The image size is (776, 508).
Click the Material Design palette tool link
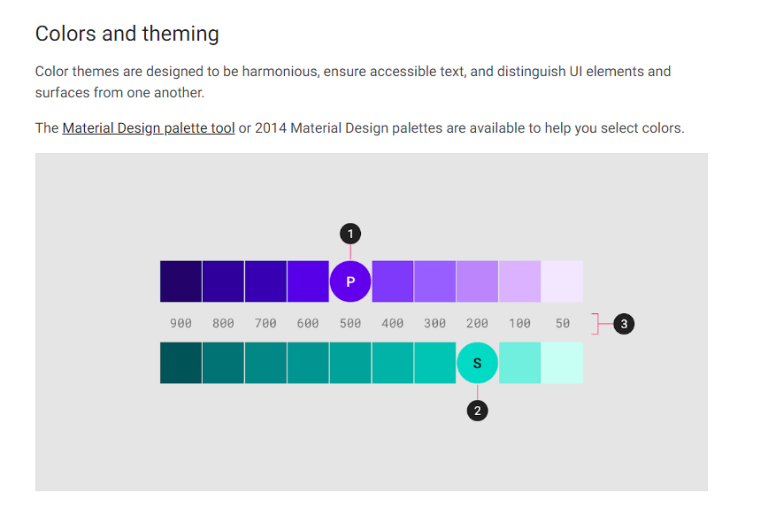[x=149, y=128]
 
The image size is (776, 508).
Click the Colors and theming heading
[x=127, y=35]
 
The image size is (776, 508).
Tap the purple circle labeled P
[x=350, y=281]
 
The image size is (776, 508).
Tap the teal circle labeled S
[x=478, y=363]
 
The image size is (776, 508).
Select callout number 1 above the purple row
[x=350, y=234]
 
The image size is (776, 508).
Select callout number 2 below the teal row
[x=478, y=411]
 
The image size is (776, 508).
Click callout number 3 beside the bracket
[x=624, y=324]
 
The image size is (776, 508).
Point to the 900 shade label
[x=181, y=324]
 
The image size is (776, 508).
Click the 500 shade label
[x=350, y=324]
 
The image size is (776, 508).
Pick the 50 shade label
[x=563, y=324]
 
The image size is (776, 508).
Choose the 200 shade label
[x=478, y=324]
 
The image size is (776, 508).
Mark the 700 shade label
[x=265, y=324]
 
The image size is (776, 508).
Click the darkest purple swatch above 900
[x=181, y=281]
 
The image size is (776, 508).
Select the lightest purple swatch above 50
[x=562, y=281]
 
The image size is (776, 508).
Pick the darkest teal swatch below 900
[x=181, y=363]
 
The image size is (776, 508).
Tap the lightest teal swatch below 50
[x=562, y=363]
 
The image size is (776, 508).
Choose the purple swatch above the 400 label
[x=393, y=281]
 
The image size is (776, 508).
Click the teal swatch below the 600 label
[x=308, y=363]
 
